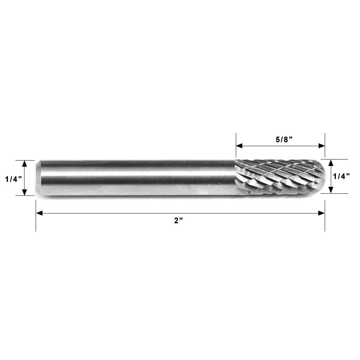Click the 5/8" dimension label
(x=282, y=140)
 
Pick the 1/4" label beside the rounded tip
(x=342, y=176)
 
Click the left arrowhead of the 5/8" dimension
(x=239, y=146)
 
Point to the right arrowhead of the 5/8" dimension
(x=322, y=146)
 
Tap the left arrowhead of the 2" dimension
(x=39, y=213)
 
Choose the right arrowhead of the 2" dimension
(x=322, y=213)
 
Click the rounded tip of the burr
(x=323, y=176)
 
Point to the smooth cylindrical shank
(x=137, y=178)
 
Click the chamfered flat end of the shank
(x=37, y=178)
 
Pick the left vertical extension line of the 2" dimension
(x=36, y=223)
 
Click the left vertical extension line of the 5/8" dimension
(x=236, y=139)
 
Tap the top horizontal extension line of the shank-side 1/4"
(x=25, y=160)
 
